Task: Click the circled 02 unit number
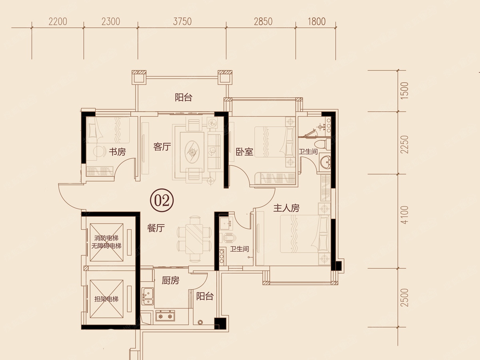pyautogui.click(x=162, y=200)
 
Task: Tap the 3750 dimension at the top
pyautogui.click(x=182, y=22)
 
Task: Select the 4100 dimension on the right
pyautogui.click(x=404, y=215)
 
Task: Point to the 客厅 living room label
pyautogui.click(x=162, y=147)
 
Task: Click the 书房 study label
pyautogui.click(x=118, y=152)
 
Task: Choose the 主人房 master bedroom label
pyautogui.click(x=286, y=208)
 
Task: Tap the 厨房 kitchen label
pyautogui.click(x=170, y=280)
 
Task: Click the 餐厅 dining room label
pyautogui.click(x=156, y=228)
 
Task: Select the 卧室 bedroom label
pyautogui.click(x=244, y=152)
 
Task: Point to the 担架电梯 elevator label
pyautogui.click(x=106, y=299)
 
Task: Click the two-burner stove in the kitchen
pyautogui.click(x=165, y=316)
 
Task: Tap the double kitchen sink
pyautogui.click(x=148, y=296)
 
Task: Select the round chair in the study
pyautogui.click(x=100, y=151)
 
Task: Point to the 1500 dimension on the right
pyautogui.click(x=404, y=91)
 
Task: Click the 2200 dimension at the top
pyautogui.click(x=58, y=22)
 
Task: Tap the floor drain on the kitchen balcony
pyautogui.click(x=200, y=322)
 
